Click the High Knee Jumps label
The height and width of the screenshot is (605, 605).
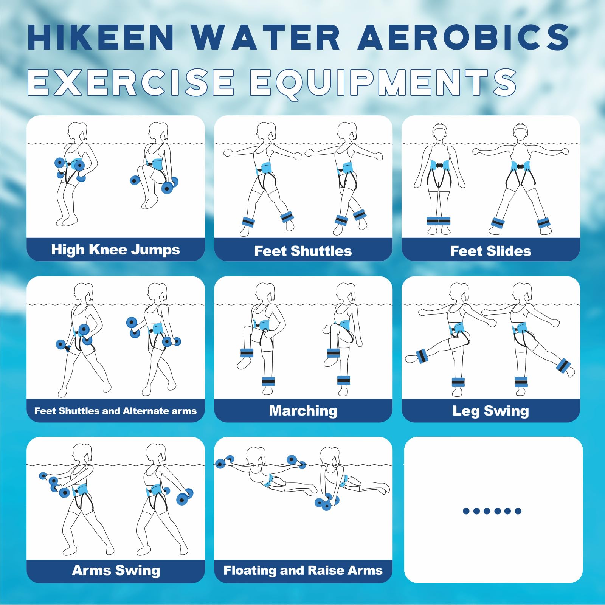115,250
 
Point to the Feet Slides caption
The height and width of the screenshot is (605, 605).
490,251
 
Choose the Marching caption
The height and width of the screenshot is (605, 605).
303,411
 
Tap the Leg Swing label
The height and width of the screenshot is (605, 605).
490,411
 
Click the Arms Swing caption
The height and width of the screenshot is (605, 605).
116,571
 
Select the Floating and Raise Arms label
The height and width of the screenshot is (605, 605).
303,571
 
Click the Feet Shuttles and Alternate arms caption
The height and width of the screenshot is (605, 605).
115,411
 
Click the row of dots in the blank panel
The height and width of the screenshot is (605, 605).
492,511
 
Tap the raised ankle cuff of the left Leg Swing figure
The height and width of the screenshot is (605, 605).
421,356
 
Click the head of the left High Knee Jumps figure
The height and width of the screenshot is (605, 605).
77,131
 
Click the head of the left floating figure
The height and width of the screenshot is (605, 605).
256,455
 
